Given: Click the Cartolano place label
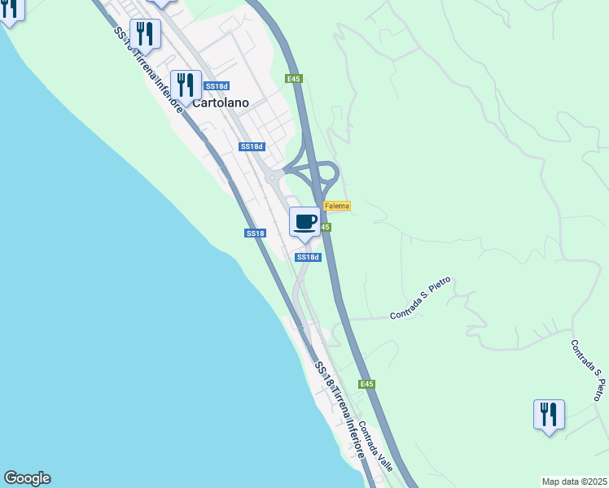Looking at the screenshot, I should click(220, 103).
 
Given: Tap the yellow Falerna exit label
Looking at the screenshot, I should click(337, 206).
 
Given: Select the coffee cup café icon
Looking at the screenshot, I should click(304, 221).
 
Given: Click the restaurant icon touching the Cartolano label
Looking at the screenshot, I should click(186, 85).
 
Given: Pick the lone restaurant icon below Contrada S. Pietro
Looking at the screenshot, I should click(549, 415).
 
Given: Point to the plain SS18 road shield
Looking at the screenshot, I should click(256, 233).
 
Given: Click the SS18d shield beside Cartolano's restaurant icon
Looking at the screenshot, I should click(217, 86).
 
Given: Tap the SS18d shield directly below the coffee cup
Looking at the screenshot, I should click(308, 257).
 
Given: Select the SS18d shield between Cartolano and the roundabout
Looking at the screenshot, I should click(252, 146).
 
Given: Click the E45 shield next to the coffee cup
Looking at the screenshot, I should click(325, 227).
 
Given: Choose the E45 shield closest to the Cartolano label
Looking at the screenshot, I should click(294, 79).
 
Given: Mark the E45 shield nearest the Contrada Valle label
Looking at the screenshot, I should click(367, 384).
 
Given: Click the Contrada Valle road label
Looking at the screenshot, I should click(375, 444).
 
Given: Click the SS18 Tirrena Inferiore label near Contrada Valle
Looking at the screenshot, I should click(340, 411).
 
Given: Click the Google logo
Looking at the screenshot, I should click(27, 478).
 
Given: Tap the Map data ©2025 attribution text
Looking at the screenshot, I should click(575, 481).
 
